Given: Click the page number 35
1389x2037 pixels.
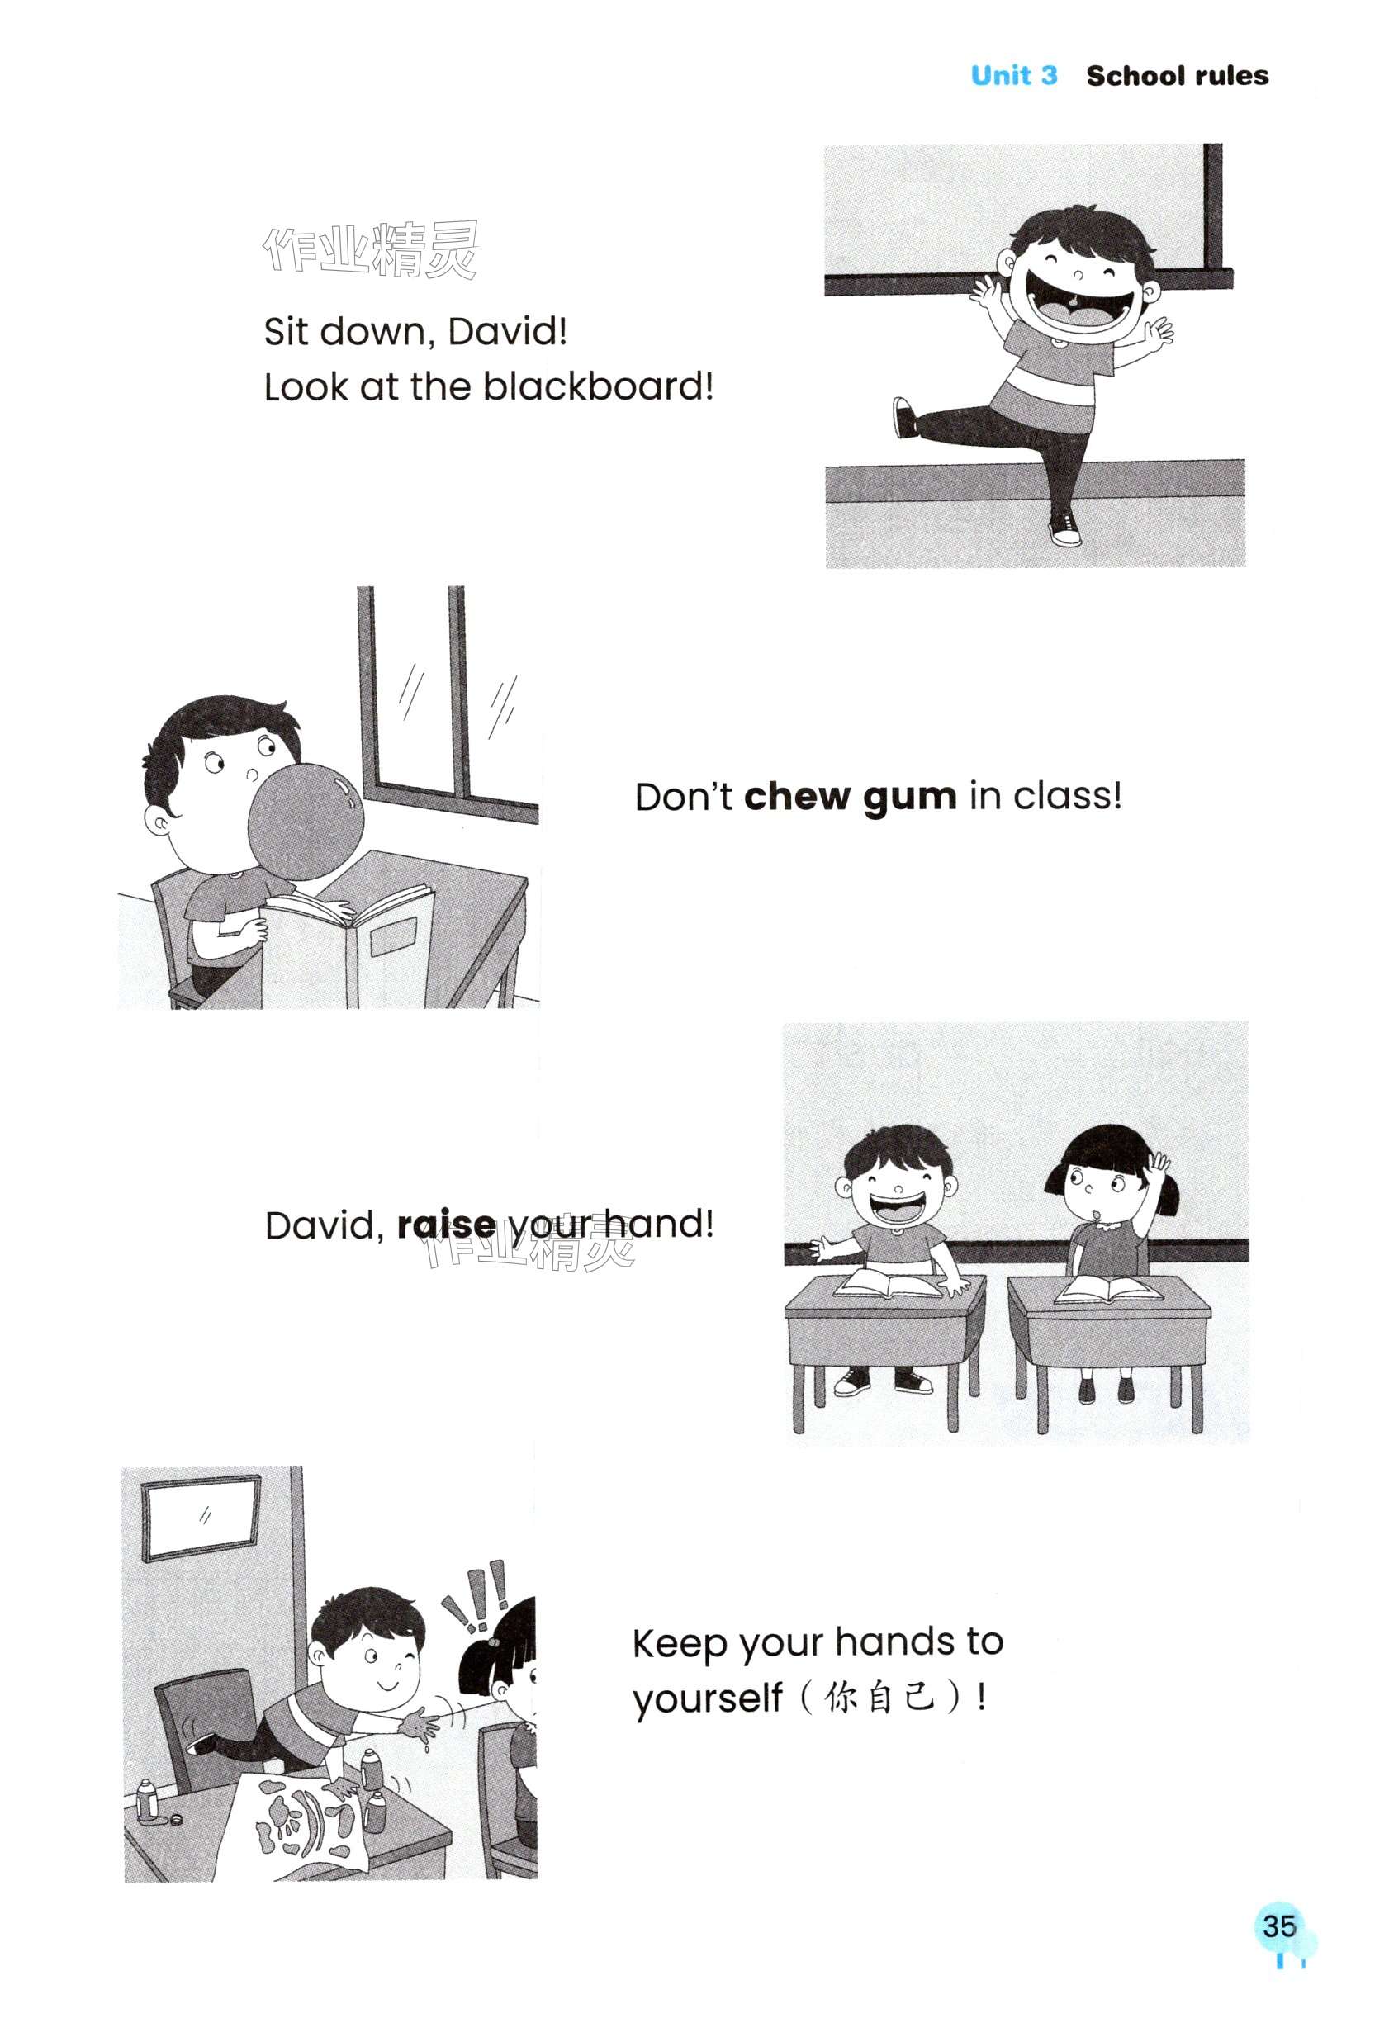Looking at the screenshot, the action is click(x=1278, y=1926).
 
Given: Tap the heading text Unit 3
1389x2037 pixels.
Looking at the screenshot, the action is click(x=1014, y=75).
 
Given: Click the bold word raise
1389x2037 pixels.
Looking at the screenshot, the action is click(x=446, y=1225).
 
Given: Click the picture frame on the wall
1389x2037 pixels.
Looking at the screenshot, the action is click(x=202, y=1518).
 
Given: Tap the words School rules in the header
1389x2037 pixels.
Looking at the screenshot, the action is click(x=1177, y=75).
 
